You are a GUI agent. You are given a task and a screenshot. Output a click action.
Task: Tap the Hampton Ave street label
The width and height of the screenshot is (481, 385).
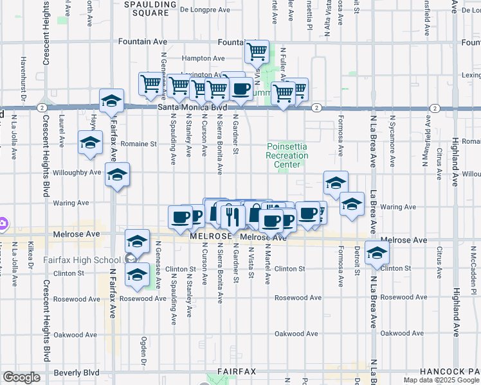coord(202,58)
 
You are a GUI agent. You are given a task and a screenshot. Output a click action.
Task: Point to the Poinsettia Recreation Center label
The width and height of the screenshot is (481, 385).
coord(287,155)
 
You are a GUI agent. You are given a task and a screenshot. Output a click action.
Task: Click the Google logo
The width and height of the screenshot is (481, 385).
coord(21,377)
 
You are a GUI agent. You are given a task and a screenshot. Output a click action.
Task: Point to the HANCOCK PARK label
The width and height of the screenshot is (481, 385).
coord(449,372)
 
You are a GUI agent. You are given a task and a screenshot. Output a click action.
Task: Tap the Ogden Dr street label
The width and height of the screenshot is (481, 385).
coord(143,350)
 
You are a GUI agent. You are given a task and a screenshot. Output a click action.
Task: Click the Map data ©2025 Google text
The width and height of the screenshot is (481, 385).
coord(440,380)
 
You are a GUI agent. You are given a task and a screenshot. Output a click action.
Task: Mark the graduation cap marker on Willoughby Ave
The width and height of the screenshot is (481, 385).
coord(117,176)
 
